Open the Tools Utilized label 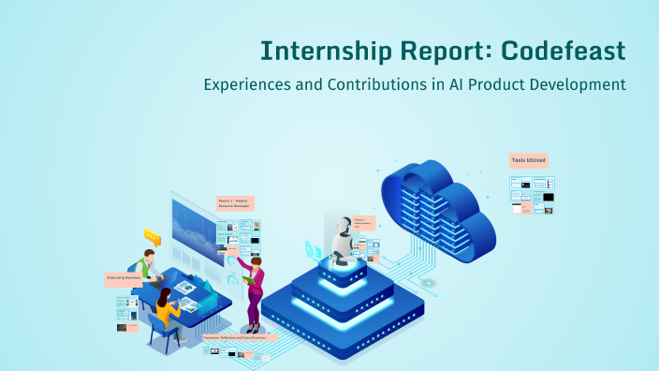528,160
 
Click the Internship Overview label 123,278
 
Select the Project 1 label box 235,202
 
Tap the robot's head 342,228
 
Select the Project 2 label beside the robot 365,223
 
